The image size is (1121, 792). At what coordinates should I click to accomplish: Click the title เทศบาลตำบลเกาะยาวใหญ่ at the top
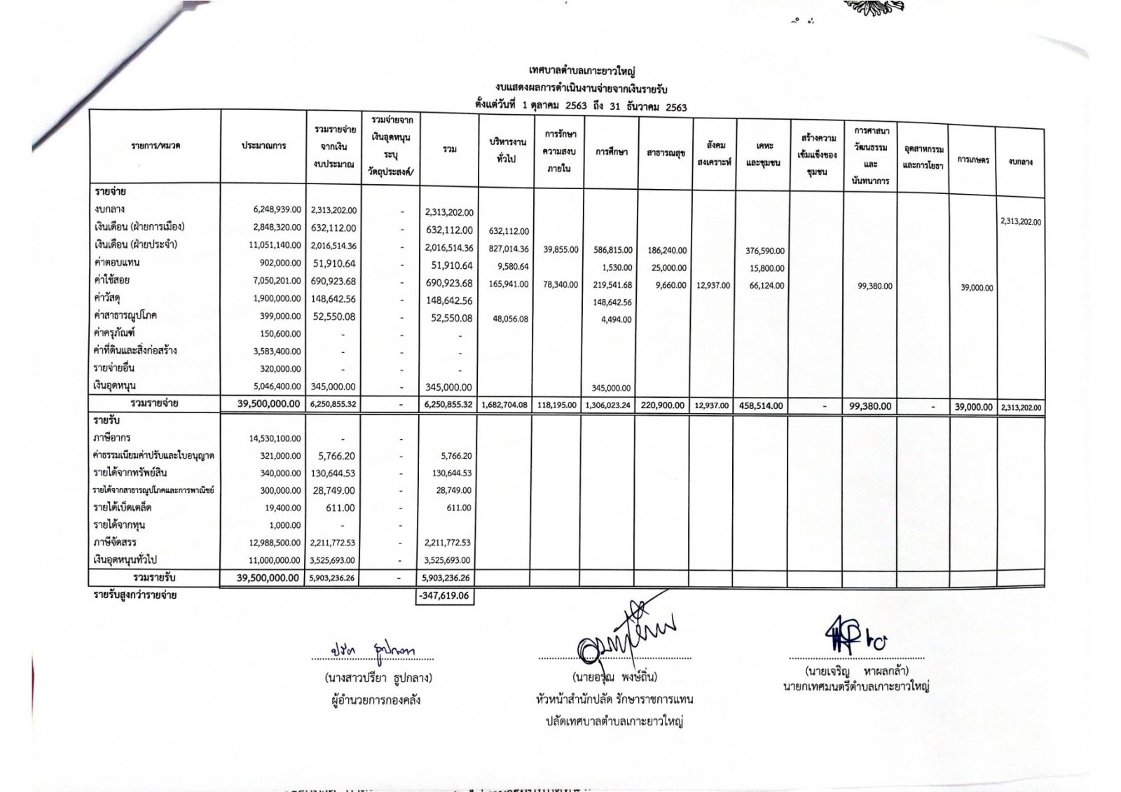point(582,71)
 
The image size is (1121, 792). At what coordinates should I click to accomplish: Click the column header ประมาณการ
point(263,146)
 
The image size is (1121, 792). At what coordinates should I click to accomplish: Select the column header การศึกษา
point(611,152)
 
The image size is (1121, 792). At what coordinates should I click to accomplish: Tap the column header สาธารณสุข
point(666,153)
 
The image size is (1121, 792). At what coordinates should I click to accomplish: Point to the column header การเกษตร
point(973,160)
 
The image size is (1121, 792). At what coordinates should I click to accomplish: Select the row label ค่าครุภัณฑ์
point(114,333)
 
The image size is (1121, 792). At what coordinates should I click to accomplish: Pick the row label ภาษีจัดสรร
point(115,542)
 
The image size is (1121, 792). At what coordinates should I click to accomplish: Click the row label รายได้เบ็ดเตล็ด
point(123,507)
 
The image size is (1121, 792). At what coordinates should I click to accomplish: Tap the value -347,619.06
point(444,597)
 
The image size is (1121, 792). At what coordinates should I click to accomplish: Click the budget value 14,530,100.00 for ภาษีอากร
point(275,439)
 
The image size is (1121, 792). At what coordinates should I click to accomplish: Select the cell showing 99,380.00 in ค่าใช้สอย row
point(874,286)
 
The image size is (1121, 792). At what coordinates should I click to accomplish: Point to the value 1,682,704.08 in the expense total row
point(504,405)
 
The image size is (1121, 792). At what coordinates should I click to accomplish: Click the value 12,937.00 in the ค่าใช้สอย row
point(713,285)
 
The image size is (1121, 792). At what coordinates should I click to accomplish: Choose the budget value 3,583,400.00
point(275,352)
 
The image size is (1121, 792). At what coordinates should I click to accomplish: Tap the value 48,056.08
point(510,319)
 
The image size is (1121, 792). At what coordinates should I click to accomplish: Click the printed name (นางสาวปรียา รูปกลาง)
point(378,678)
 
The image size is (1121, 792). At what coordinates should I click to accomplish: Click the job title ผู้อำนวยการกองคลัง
point(376,700)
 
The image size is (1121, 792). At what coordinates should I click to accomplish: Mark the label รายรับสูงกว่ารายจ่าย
point(135,595)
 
